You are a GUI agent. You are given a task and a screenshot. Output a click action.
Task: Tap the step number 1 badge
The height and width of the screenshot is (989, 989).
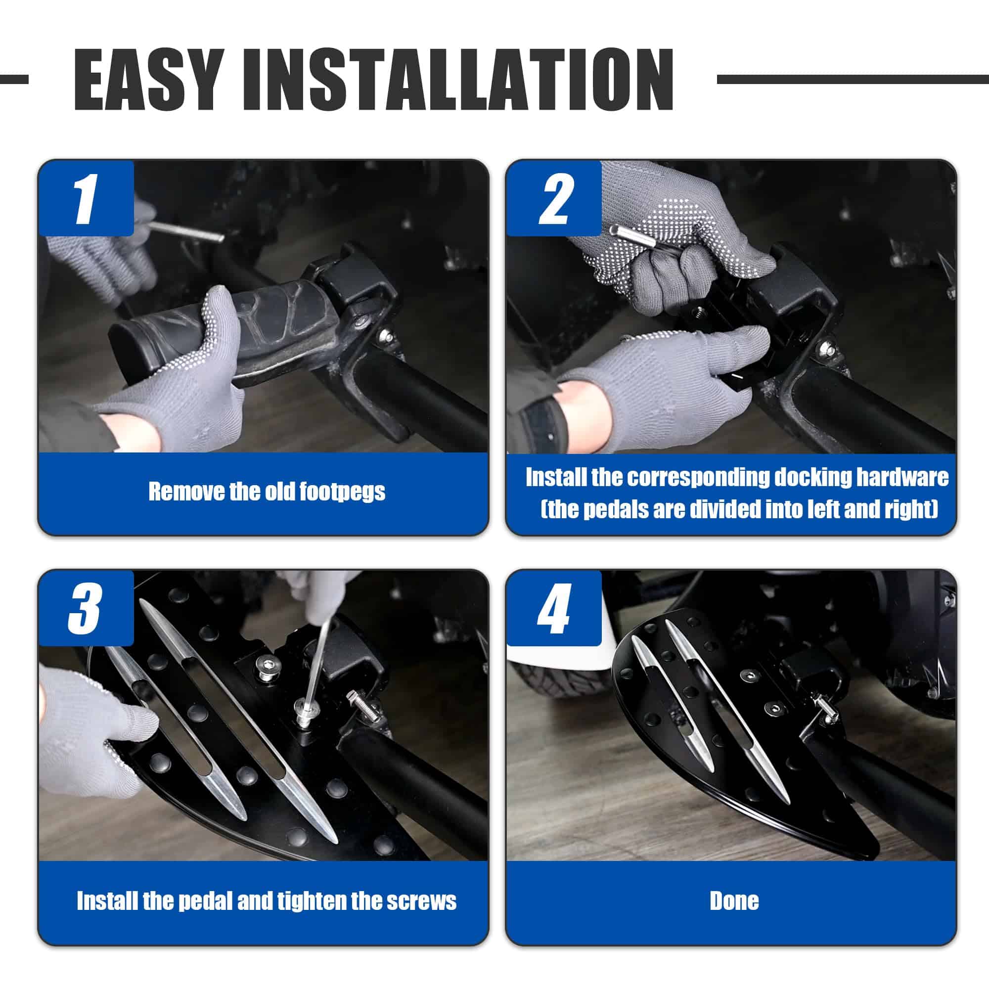click(86, 198)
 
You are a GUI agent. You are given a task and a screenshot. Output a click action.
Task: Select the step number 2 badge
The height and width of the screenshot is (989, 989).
click(554, 198)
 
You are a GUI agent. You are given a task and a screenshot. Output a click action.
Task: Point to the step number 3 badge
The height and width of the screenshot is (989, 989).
click(86, 608)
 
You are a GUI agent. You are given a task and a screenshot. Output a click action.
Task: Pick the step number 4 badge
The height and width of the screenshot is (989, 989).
click(554, 608)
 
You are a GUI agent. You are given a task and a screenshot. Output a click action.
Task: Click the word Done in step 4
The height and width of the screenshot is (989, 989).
click(734, 901)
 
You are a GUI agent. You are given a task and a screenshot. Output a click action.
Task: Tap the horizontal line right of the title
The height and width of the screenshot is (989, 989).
click(853, 79)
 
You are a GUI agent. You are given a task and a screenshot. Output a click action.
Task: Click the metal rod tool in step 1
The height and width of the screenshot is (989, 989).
click(187, 231)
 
